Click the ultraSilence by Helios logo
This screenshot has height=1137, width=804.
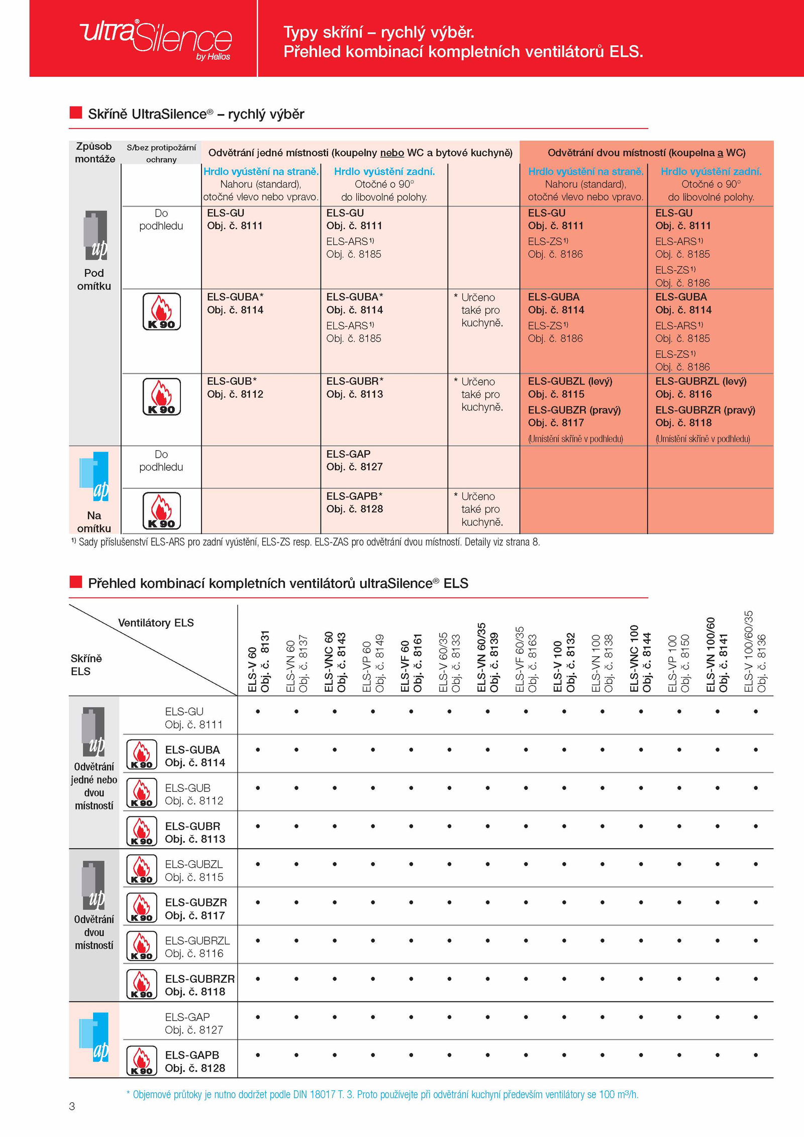156,39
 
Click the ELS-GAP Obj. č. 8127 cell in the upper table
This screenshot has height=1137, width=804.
354,460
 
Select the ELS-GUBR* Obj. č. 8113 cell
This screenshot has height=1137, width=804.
355,387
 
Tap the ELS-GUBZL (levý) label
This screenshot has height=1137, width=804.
570,381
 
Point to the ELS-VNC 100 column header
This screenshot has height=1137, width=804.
640,658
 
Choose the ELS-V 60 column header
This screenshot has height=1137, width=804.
258,661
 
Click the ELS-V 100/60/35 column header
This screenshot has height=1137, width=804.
755,652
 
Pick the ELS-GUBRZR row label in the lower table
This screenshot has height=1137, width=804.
199,985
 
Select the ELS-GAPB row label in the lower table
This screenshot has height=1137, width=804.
194,1061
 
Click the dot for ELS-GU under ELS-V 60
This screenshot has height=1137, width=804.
258,711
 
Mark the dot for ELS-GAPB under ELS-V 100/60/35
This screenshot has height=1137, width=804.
755,1055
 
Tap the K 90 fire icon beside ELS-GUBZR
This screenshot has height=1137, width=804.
142,908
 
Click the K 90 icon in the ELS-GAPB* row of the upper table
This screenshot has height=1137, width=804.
162,510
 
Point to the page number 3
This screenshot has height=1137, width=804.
72,1106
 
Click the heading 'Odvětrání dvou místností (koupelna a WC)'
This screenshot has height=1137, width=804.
646,153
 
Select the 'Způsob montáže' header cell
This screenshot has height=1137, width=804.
94,152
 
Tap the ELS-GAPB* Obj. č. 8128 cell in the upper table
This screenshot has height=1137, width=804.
355,502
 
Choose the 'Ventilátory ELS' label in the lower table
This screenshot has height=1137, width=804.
156,623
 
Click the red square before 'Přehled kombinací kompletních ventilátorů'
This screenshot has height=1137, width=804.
75,582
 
